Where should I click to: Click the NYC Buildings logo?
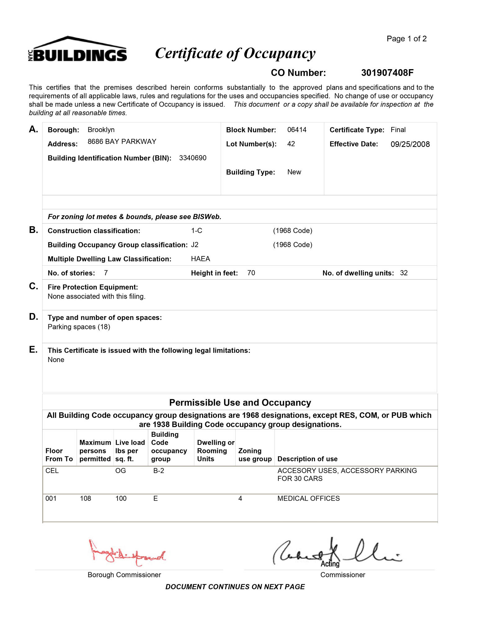[78, 50]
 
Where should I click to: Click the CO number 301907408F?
[387, 73]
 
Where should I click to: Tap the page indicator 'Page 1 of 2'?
[406, 39]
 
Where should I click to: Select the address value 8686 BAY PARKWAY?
[122, 142]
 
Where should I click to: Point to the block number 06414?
[297, 130]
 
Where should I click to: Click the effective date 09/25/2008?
[410, 144]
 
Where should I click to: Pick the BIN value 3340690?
[193, 158]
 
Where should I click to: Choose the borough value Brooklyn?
[101, 130]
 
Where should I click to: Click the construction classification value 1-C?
[197, 231]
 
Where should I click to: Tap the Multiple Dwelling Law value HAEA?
[200, 259]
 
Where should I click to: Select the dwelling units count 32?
[404, 273]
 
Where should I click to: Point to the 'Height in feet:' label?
[214, 273]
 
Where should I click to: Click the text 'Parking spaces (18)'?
[79, 327]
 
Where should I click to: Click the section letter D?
[33, 317]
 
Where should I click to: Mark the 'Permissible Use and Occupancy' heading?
[240, 403]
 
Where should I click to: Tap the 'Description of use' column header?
[307, 459]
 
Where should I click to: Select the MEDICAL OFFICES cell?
[308, 498]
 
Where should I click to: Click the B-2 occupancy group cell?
[158, 471]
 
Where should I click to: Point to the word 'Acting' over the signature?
[330, 564]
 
